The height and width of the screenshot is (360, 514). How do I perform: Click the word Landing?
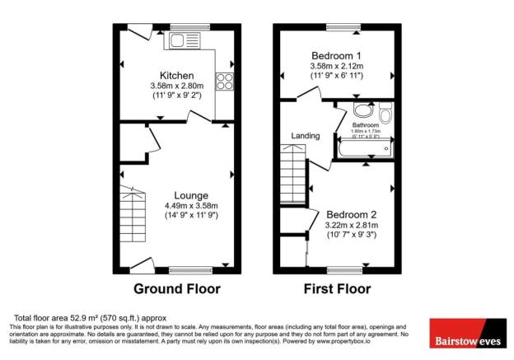tap(305, 136)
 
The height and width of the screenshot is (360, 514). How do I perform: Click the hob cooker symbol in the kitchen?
tap(224, 81)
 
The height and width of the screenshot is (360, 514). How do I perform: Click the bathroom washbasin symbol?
tap(361, 110)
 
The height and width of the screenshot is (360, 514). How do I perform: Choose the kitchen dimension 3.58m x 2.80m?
tap(177, 84)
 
